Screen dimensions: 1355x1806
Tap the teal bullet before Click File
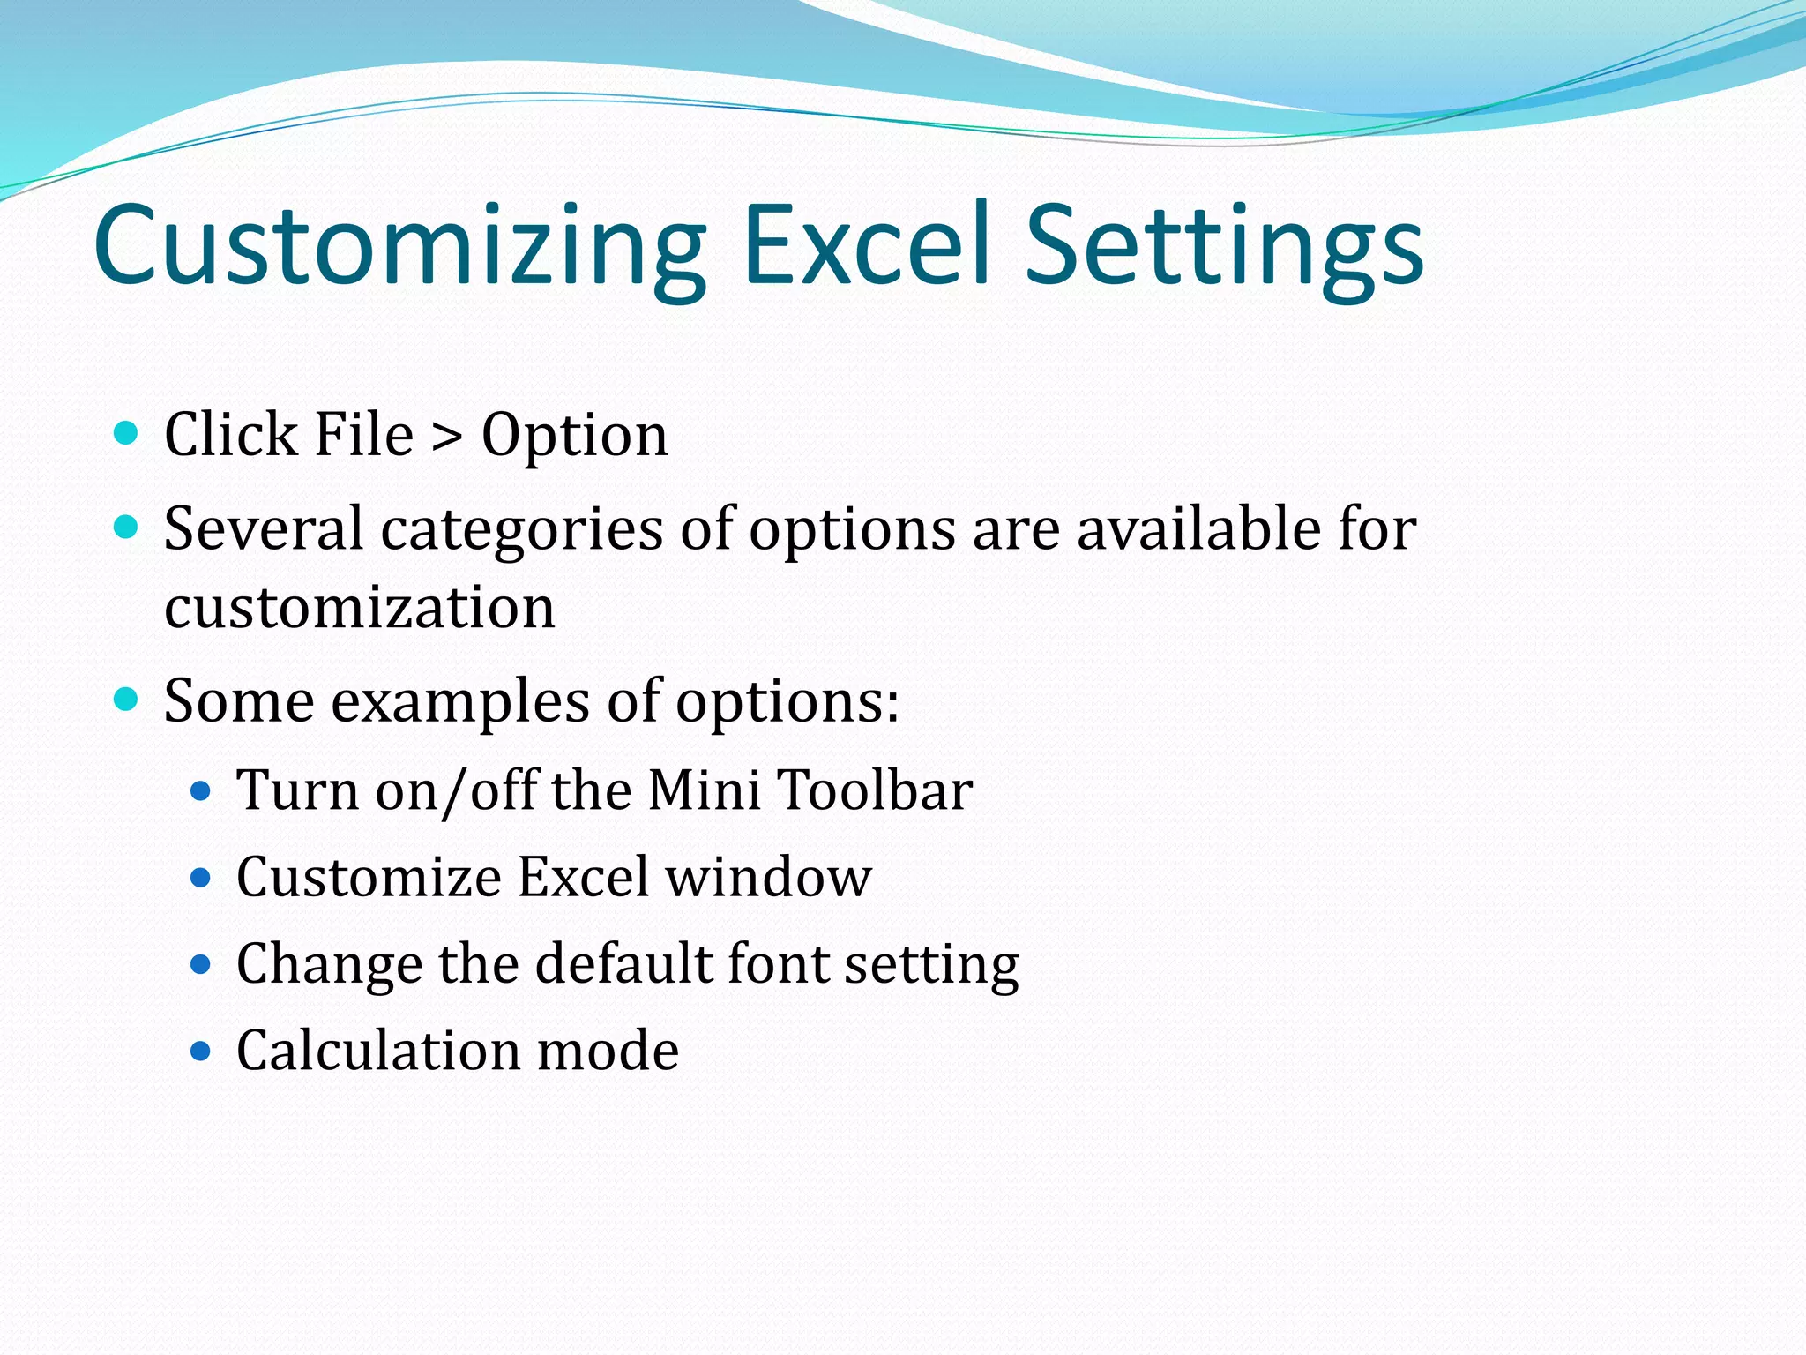(127, 433)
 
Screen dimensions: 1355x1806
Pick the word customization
(360, 609)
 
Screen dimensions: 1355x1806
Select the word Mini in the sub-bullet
(704, 790)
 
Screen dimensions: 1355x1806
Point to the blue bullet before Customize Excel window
(201, 877)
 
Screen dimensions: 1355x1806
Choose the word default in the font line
(623, 963)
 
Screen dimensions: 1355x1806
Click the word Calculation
(379, 1051)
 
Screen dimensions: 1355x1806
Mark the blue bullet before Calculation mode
(201, 1051)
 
